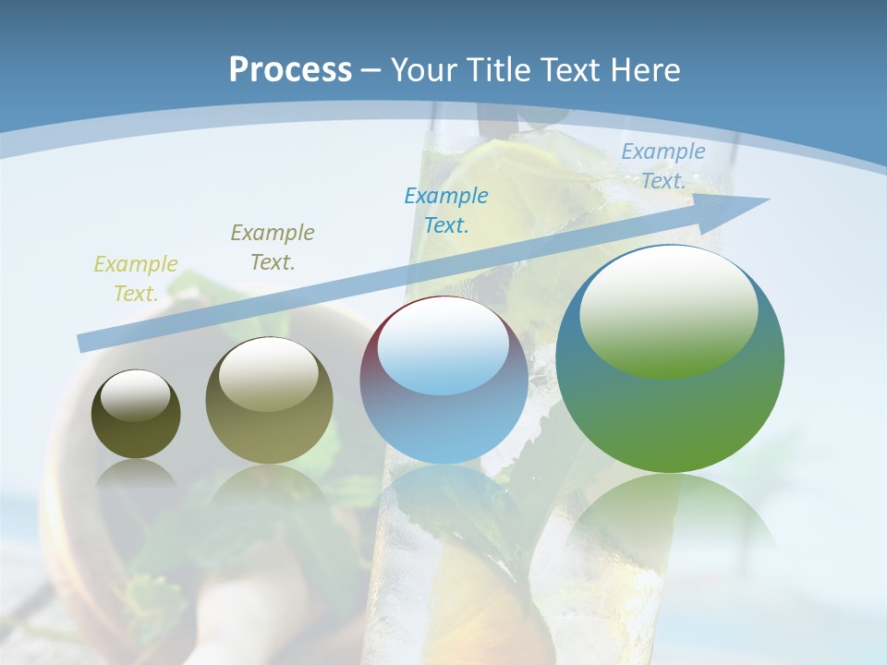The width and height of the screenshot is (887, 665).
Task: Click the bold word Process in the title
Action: point(290,70)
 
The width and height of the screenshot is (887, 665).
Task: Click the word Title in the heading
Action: point(500,70)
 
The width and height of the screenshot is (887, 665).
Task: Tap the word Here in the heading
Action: point(645,70)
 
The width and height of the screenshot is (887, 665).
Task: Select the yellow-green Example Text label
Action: point(136,279)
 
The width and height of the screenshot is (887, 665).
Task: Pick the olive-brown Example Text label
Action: point(273,248)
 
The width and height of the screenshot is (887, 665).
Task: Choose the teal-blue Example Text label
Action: point(446,211)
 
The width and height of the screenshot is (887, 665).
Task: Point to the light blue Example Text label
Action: point(662,166)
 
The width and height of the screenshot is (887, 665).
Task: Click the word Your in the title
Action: point(422,70)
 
